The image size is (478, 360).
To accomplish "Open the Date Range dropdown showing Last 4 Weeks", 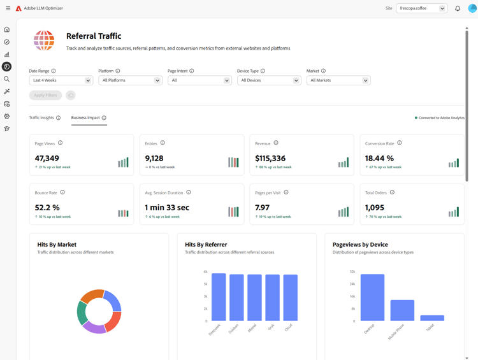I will click(x=61, y=80).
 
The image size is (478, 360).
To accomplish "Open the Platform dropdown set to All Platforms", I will click(x=130, y=80).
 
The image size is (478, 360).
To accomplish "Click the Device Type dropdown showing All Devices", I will click(x=269, y=80).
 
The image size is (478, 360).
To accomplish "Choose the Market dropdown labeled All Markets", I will click(x=338, y=80).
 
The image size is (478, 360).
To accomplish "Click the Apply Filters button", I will click(x=45, y=95).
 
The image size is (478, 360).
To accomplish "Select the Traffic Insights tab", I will click(x=41, y=118).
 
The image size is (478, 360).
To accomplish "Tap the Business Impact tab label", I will click(x=85, y=118).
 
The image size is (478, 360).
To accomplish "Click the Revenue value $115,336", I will click(x=270, y=158).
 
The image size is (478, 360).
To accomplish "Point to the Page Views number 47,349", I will click(x=47, y=158).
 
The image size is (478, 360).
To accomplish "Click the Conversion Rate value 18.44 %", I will click(x=379, y=158).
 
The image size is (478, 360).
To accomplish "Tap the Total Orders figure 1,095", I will click(x=375, y=208).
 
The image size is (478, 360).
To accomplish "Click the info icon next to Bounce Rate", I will click(x=62, y=192).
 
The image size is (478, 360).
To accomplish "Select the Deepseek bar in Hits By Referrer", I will click(x=219, y=297).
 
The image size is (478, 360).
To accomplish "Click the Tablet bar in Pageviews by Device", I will click(x=432, y=318).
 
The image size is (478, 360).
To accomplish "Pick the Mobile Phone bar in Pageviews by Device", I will click(x=402, y=310).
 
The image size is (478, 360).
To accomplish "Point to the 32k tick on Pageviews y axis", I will click(x=352, y=271).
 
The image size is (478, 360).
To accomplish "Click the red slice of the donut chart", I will click(x=113, y=321).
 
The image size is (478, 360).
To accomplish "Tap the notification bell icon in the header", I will click(x=458, y=8).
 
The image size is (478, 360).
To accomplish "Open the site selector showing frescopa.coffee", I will click(x=421, y=8).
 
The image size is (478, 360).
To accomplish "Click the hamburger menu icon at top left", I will click(x=8, y=8).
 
